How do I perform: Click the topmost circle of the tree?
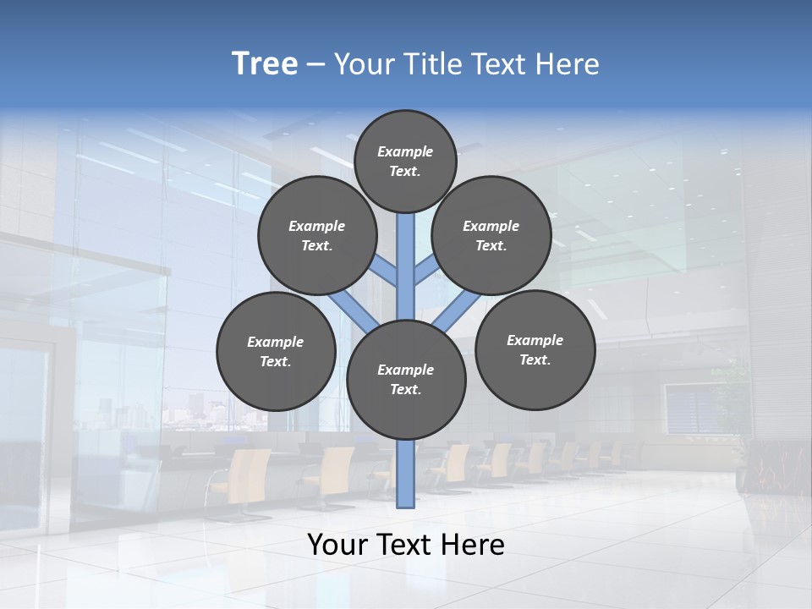(x=405, y=161)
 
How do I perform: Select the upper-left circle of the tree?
(x=317, y=235)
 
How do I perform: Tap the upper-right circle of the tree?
(x=491, y=235)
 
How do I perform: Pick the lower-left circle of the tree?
(x=276, y=351)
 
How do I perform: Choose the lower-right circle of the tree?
(x=535, y=349)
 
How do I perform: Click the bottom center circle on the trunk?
(x=406, y=379)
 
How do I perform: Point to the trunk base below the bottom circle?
(x=406, y=474)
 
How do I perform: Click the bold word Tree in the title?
(x=265, y=64)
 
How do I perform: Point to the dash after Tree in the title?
(x=315, y=64)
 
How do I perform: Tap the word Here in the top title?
(x=569, y=64)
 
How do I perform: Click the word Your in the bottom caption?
(x=337, y=545)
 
